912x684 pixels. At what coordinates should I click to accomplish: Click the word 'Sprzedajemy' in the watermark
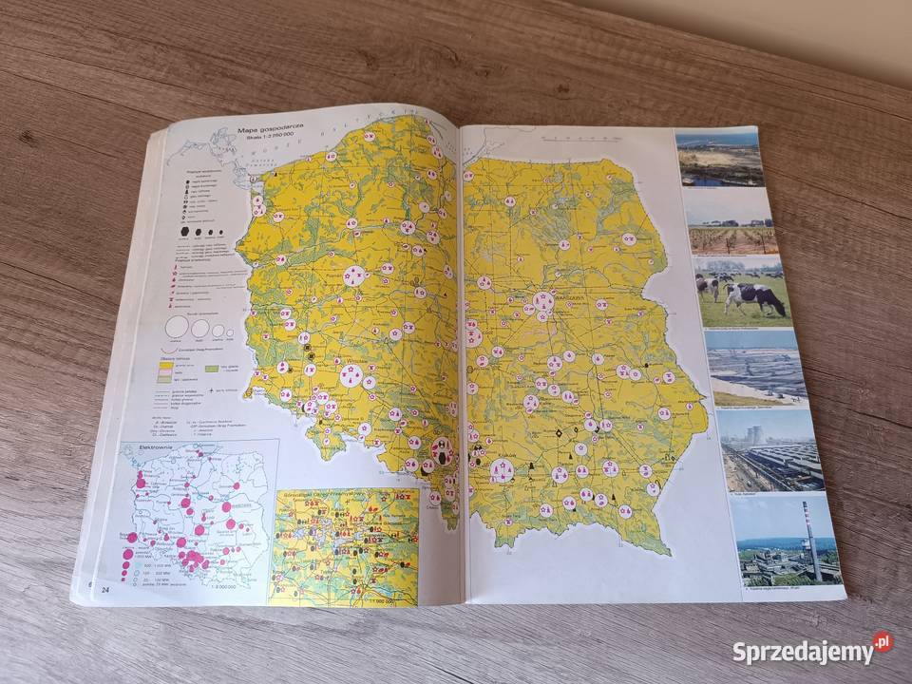803,653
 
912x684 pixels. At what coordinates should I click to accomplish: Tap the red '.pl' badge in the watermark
883,642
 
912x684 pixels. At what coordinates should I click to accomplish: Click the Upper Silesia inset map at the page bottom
345,547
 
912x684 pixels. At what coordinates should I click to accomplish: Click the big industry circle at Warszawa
543,305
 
